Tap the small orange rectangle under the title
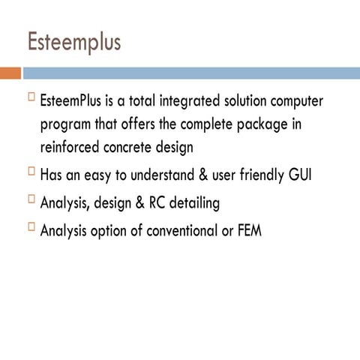10,73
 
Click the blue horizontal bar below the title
190,73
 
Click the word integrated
187,100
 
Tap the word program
68,124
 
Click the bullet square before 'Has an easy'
31,172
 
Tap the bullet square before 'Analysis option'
31,227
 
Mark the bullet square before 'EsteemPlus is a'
31,97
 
